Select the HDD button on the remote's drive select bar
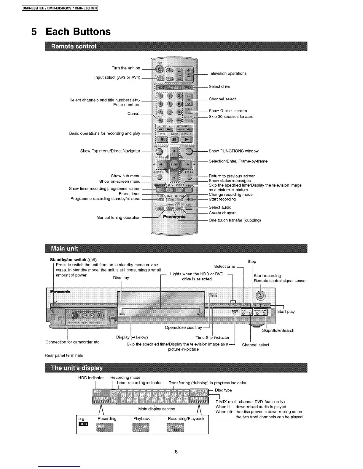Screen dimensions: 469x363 (161, 88)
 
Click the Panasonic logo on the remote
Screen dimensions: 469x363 (174, 217)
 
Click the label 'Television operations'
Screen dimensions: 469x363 (227, 73)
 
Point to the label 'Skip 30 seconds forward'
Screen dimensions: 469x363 (231, 117)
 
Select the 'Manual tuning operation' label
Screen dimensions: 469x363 (118, 218)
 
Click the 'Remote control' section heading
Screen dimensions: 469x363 (74, 46)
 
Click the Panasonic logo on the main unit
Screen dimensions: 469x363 (60, 292)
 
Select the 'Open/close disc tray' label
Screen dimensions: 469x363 (183, 327)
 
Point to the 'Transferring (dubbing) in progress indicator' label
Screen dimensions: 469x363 (207, 383)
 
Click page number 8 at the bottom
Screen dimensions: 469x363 (176, 452)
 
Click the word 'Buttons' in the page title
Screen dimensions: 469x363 (78, 31)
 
